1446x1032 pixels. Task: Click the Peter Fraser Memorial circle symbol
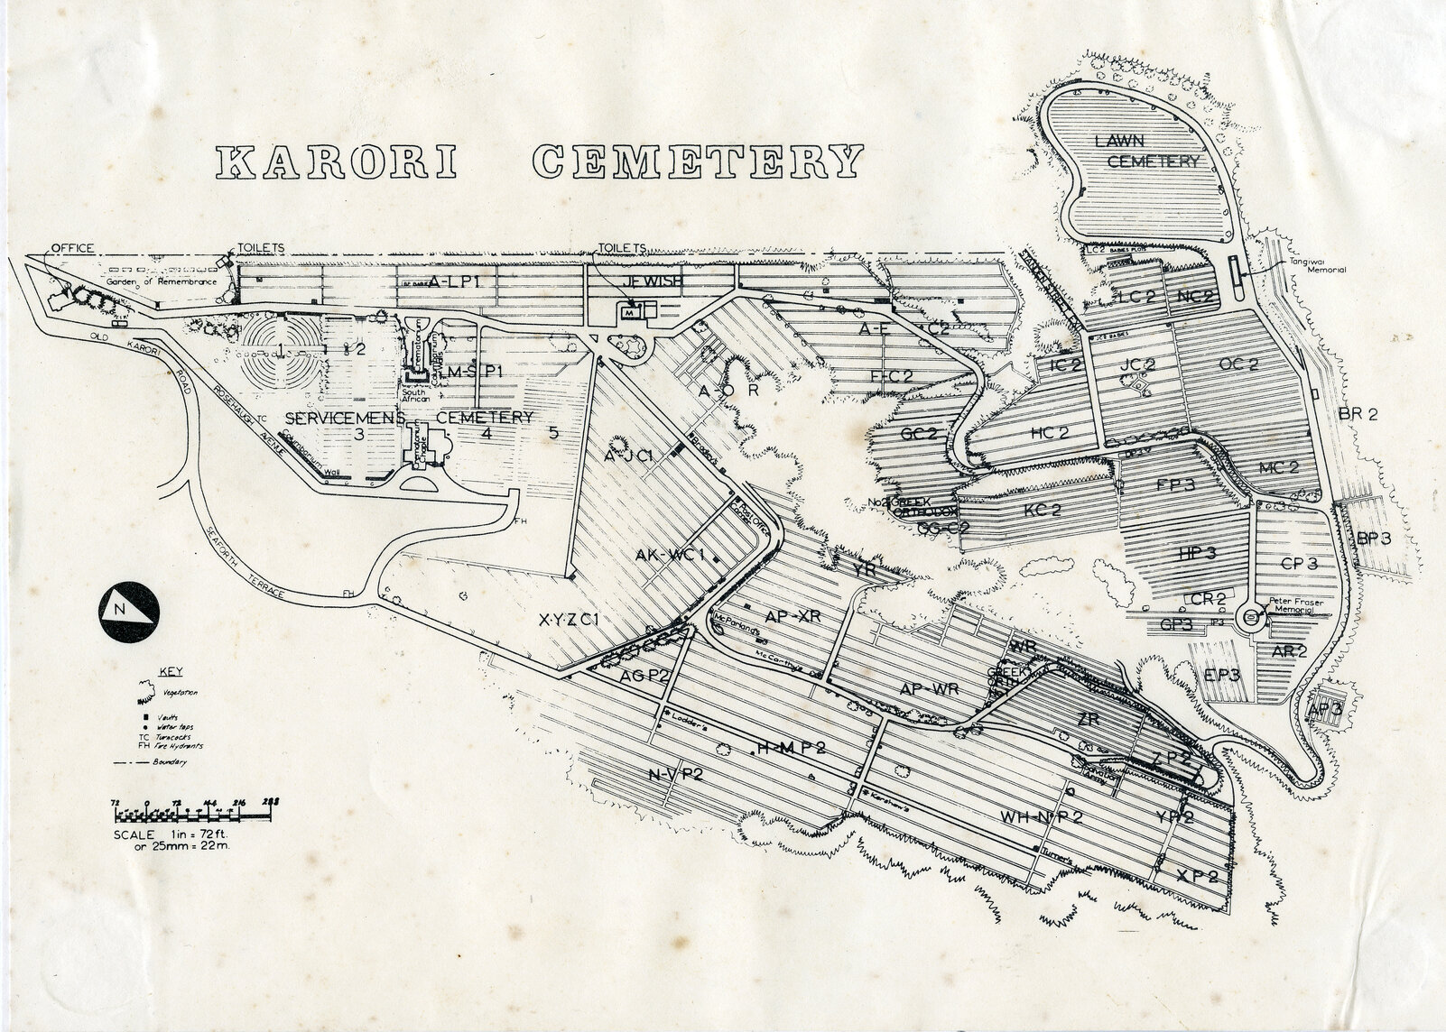[1250, 617]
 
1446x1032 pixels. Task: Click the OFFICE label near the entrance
[71, 248]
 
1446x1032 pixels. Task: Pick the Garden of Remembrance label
[163, 281]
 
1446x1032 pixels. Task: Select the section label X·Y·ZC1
[570, 621]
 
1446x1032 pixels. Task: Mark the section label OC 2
[1238, 364]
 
